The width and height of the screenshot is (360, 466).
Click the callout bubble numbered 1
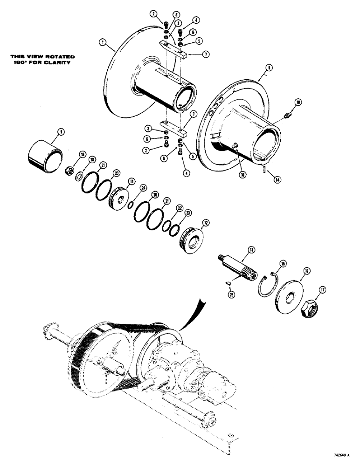[x=102, y=42]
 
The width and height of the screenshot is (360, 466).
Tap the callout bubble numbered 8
[x=269, y=68]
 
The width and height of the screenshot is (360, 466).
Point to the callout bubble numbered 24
[x=130, y=188]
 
